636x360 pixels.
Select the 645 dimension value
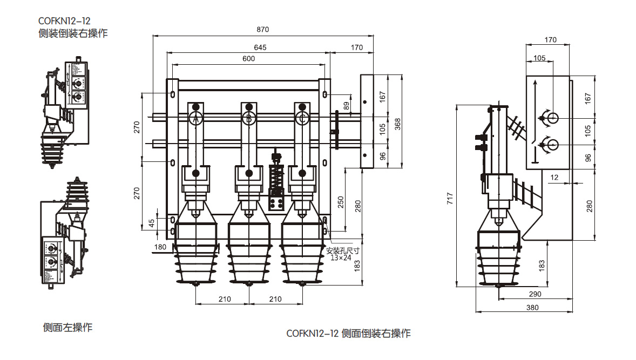pyautogui.click(x=260, y=47)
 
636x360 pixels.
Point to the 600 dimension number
pyautogui.click(x=248, y=59)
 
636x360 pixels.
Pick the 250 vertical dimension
pyautogui.click(x=340, y=201)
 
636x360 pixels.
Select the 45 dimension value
pyautogui.click(x=152, y=221)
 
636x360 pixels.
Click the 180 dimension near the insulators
pyautogui.click(x=160, y=247)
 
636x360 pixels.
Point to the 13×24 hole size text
pyautogui.click(x=341, y=257)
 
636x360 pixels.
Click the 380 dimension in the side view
pyautogui.click(x=532, y=308)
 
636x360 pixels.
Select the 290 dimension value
pyautogui.click(x=534, y=294)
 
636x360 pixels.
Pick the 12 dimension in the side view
pyautogui.click(x=554, y=177)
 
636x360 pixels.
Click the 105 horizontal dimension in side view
pyautogui.click(x=539, y=58)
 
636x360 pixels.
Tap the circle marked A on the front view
pyautogui.click(x=196, y=118)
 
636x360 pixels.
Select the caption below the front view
pyautogui.click(x=348, y=333)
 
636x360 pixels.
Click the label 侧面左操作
pyautogui.click(x=67, y=328)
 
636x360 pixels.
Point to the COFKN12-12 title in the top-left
pyautogui.click(x=64, y=21)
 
